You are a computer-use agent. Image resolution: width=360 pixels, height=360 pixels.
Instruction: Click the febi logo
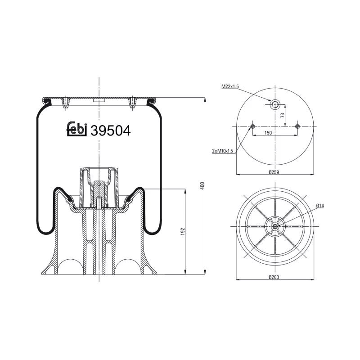(x=76, y=130)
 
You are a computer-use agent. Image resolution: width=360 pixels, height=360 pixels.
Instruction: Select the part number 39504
(x=110, y=130)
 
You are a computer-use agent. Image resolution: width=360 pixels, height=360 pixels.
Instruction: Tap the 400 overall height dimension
(x=202, y=185)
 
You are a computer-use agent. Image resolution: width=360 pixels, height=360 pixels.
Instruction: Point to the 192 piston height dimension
(x=183, y=231)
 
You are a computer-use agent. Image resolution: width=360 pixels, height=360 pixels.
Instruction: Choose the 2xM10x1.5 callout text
(x=223, y=151)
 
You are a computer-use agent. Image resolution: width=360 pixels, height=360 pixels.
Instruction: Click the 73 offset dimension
(x=282, y=116)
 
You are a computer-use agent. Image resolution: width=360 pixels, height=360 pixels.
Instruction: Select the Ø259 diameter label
(x=274, y=171)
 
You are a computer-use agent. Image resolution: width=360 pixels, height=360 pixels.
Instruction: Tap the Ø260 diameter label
(x=274, y=277)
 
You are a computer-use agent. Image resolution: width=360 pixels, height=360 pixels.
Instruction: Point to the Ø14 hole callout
(x=320, y=206)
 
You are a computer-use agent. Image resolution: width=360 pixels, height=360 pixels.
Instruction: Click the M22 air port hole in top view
(x=274, y=105)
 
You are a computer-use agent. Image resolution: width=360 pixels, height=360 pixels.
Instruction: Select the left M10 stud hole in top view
(x=252, y=126)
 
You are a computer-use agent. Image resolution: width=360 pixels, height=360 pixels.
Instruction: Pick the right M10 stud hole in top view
(x=297, y=126)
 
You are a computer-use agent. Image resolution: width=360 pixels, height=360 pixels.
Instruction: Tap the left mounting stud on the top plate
(x=66, y=103)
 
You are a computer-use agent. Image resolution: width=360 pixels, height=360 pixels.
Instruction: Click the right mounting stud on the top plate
(x=132, y=103)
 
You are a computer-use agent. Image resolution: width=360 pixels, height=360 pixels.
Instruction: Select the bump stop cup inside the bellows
(x=99, y=184)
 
